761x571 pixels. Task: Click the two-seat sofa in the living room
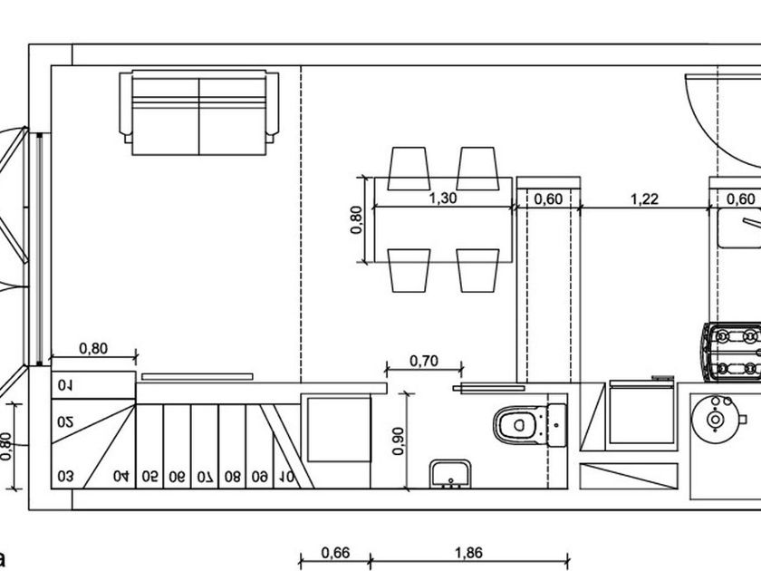click(x=199, y=112)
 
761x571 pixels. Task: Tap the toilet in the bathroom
click(x=529, y=425)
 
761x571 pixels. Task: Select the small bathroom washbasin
click(x=450, y=473)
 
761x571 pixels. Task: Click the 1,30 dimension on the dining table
click(x=443, y=198)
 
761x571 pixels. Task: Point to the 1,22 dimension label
click(x=644, y=199)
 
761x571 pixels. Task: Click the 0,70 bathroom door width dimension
click(x=424, y=361)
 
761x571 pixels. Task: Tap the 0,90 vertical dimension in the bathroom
click(x=398, y=440)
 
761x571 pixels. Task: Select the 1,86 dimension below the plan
click(x=469, y=553)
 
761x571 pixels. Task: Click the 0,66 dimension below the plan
click(x=335, y=553)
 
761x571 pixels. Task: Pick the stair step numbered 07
click(x=205, y=478)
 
